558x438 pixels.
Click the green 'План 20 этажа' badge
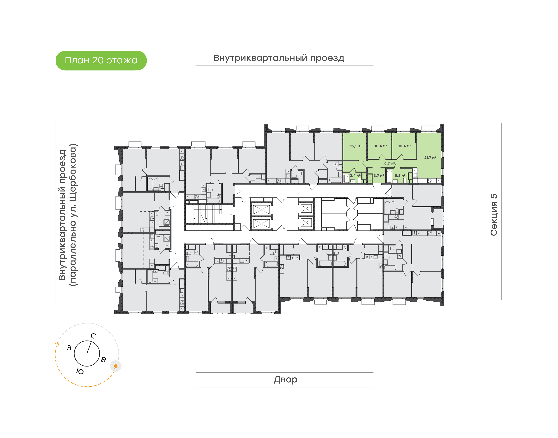101,60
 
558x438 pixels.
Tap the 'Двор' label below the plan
285,379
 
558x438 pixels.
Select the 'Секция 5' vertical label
494,215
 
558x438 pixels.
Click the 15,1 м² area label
356,146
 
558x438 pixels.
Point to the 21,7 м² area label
430,157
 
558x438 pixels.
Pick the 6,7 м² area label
389,163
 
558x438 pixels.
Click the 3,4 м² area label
355,176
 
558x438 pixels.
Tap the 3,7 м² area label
379,176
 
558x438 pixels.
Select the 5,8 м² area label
400,176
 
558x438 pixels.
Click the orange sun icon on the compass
116,366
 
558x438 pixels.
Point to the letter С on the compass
93,336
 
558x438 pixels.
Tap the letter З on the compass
69,348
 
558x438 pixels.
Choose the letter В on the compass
103,360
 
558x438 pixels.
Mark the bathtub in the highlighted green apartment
389,176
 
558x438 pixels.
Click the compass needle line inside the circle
89,347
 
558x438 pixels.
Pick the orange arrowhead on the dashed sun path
57,344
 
